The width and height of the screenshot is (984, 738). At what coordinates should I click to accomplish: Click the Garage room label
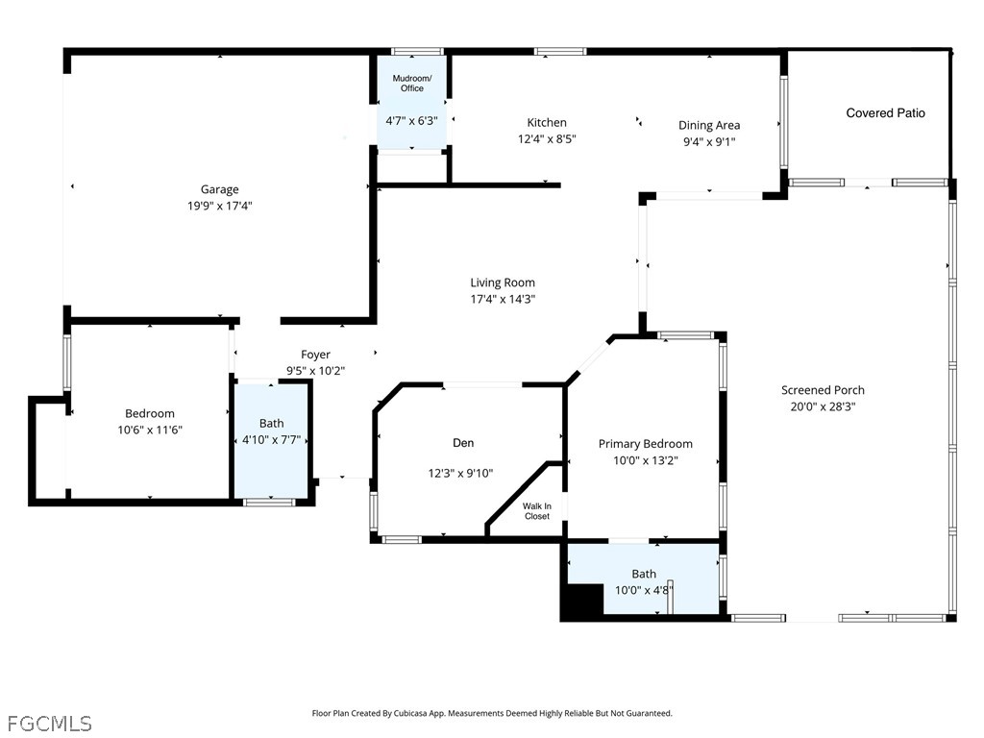click(219, 189)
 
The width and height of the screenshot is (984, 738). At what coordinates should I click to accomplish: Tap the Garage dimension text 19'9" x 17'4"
click(219, 205)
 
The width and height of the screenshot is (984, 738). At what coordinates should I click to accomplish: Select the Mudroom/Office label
click(411, 83)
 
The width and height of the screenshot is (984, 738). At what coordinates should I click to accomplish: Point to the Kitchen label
click(547, 122)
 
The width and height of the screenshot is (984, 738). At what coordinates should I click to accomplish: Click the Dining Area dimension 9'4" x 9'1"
click(709, 141)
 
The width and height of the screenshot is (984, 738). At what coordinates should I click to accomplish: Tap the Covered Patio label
click(885, 113)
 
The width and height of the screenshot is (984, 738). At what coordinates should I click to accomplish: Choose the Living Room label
click(503, 283)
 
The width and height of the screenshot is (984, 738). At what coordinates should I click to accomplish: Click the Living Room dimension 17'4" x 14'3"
click(503, 299)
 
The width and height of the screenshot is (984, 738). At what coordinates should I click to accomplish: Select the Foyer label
click(315, 355)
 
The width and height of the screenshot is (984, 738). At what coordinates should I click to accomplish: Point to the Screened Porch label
click(823, 390)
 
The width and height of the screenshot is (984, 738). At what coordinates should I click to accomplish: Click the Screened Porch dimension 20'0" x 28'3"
click(823, 406)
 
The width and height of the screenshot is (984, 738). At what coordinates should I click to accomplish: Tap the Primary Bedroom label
click(645, 444)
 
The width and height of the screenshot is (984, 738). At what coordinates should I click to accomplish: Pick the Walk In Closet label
click(536, 511)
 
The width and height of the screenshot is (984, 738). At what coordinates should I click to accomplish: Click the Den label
click(463, 443)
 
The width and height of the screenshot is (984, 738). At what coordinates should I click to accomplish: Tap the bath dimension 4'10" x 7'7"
click(271, 440)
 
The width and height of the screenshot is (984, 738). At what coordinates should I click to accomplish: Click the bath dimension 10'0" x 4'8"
click(644, 590)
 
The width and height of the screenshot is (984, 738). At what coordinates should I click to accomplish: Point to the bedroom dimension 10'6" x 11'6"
click(150, 430)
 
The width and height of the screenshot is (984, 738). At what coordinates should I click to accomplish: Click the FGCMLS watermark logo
click(49, 722)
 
